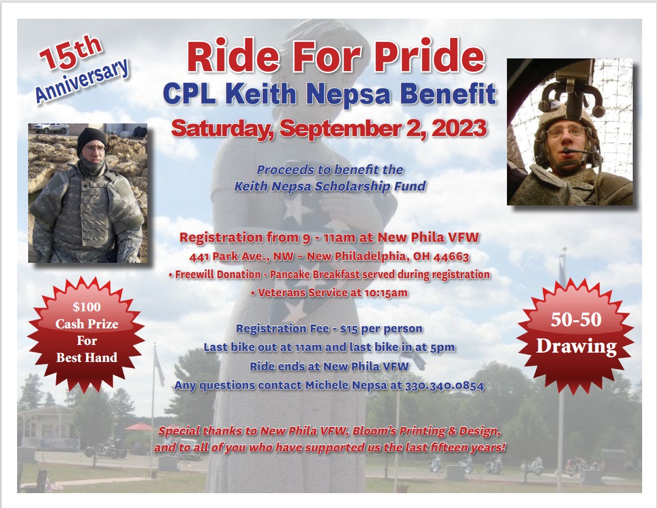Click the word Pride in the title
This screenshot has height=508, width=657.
[x=430, y=56]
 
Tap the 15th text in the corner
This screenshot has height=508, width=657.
[x=71, y=52]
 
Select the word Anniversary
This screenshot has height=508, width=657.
[x=82, y=80]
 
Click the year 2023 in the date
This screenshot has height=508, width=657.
[x=459, y=128]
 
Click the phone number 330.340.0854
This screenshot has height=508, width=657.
[x=445, y=385]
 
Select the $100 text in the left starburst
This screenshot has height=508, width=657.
[x=87, y=307]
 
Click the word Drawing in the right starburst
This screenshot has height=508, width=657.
[x=576, y=347]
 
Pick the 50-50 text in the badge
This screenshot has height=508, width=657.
[x=576, y=320]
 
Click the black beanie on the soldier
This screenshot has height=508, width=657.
[x=92, y=140]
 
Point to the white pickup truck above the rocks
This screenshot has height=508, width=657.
[x=51, y=128]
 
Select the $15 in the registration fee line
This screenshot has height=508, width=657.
[x=349, y=329]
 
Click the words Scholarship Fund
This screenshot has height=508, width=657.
[x=370, y=186]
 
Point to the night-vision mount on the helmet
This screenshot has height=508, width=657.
[x=571, y=90]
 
